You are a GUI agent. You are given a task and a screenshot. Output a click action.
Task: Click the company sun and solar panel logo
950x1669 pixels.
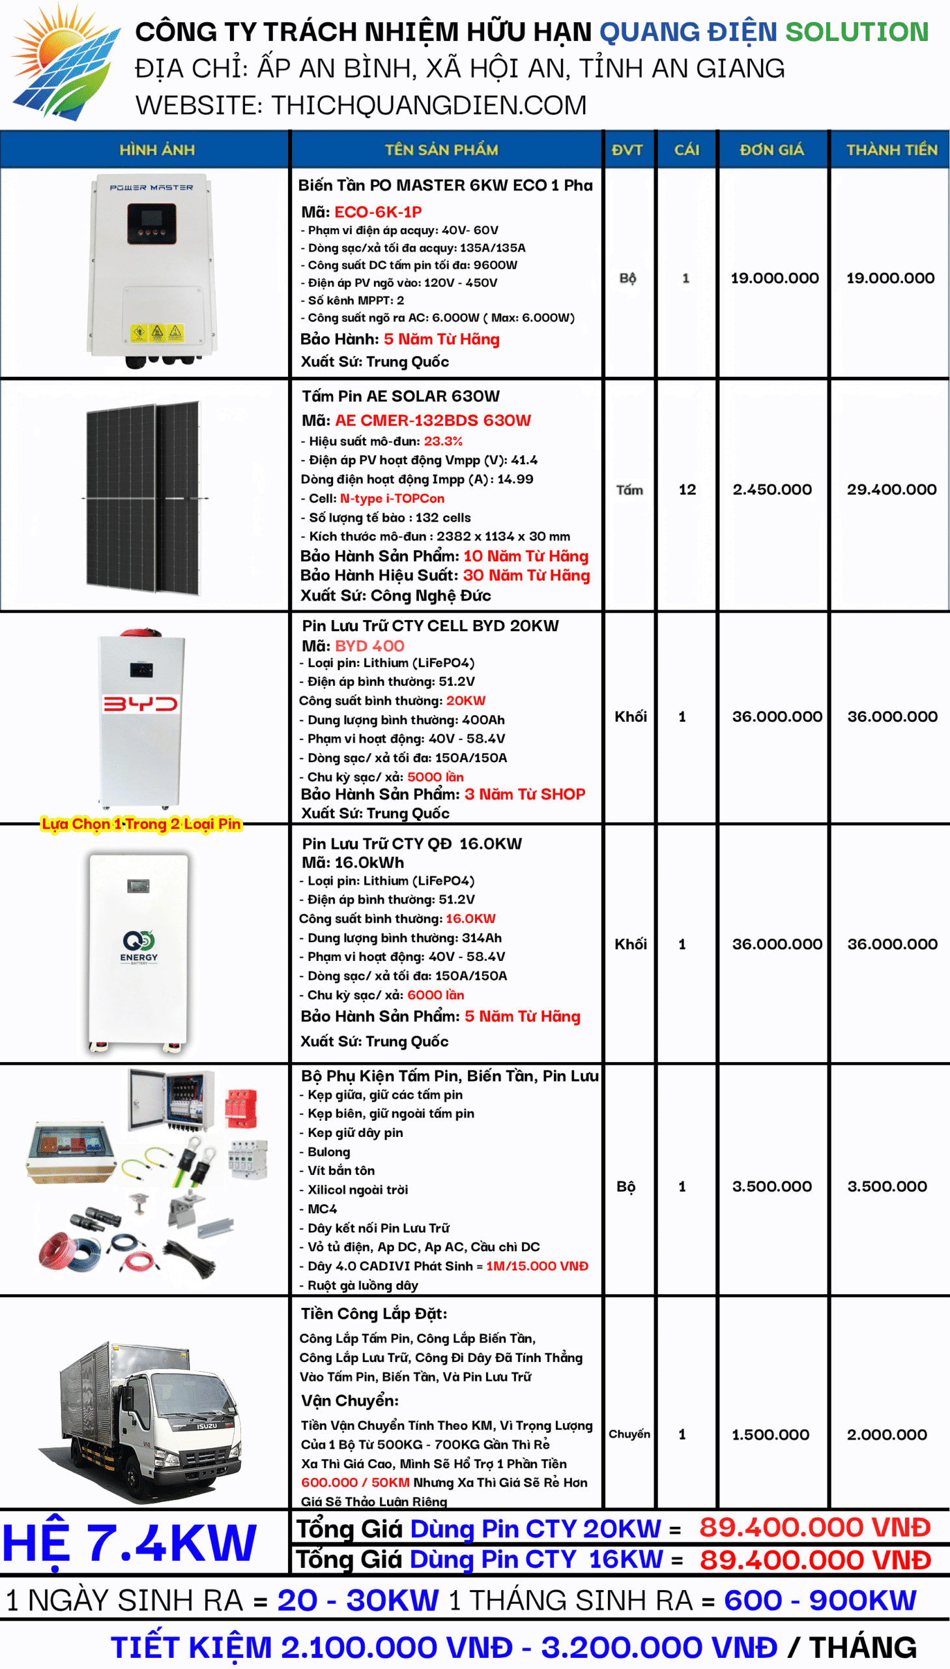click(x=65, y=62)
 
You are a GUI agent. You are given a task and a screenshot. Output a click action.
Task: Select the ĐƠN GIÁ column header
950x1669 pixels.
click(x=772, y=150)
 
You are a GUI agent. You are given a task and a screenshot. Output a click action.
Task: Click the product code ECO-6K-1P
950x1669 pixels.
click(x=378, y=212)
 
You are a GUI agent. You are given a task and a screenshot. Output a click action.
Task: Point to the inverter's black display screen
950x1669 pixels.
click(x=151, y=222)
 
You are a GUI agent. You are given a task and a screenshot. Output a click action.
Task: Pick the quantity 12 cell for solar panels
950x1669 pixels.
click(x=687, y=490)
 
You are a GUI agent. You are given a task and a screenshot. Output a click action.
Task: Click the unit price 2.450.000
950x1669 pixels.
click(x=772, y=490)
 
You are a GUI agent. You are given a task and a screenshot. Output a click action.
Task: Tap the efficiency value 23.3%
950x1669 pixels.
click(x=443, y=441)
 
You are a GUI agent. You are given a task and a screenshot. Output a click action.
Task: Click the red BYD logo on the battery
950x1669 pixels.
click(x=140, y=703)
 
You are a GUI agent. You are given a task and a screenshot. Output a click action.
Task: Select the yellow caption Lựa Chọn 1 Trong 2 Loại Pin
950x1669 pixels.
click(x=141, y=823)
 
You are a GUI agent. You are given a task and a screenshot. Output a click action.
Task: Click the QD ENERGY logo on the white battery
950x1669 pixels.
click(x=138, y=947)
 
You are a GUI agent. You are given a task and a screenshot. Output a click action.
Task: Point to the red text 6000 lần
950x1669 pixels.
click(x=435, y=995)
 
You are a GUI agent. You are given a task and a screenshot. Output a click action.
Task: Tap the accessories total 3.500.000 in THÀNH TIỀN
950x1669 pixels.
click(x=887, y=1186)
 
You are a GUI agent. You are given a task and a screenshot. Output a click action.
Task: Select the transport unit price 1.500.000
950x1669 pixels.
click(x=770, y=1434)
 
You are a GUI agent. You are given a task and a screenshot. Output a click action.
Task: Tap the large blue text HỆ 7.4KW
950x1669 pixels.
click(x=129, y=1544)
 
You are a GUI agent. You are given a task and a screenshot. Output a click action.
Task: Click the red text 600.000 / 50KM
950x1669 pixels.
click(x=355, y=1483)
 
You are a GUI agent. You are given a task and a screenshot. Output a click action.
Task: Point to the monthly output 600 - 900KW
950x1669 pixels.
click(x=820, y=1600)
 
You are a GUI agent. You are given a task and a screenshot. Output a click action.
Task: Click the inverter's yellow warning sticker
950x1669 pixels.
click(x=156, y=332)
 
